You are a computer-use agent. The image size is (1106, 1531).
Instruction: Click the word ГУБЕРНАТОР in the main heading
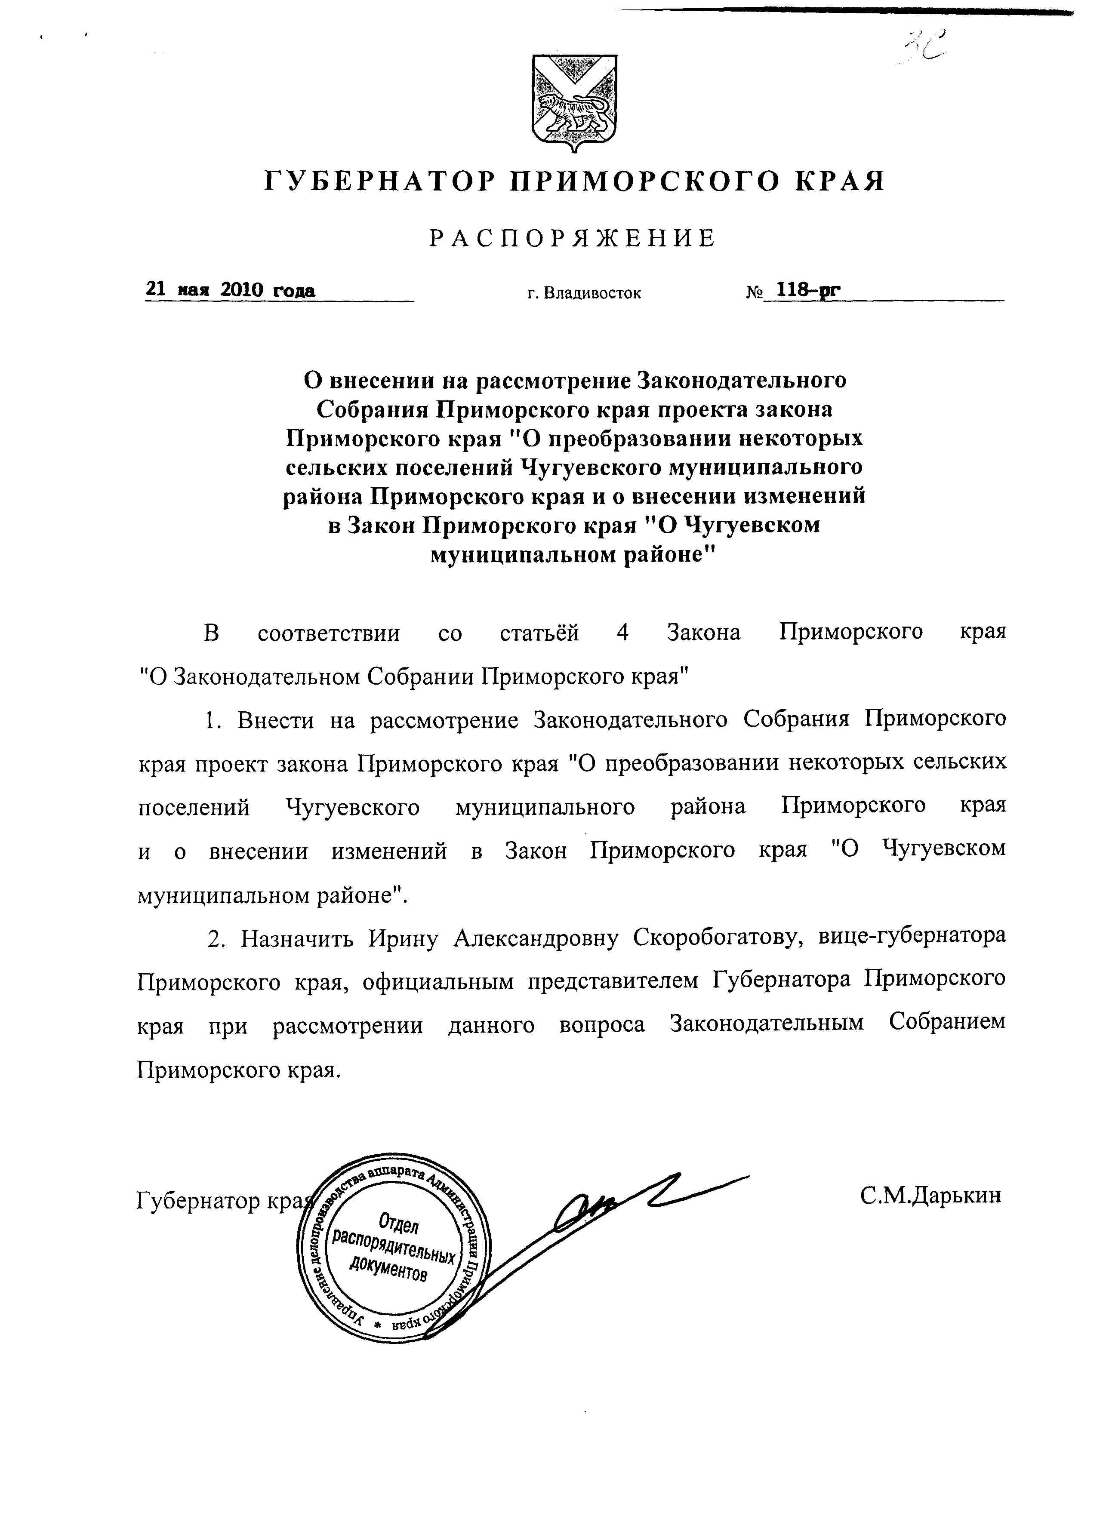tap(378, 181)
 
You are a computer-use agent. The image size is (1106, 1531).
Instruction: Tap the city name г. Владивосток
tap(584, 293)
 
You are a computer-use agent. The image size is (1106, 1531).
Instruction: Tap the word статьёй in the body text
tap(539, 633)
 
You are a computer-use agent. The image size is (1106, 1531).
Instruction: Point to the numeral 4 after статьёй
tap(622, 633)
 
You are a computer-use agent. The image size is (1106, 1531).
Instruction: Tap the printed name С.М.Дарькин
tap(930, 1195)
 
